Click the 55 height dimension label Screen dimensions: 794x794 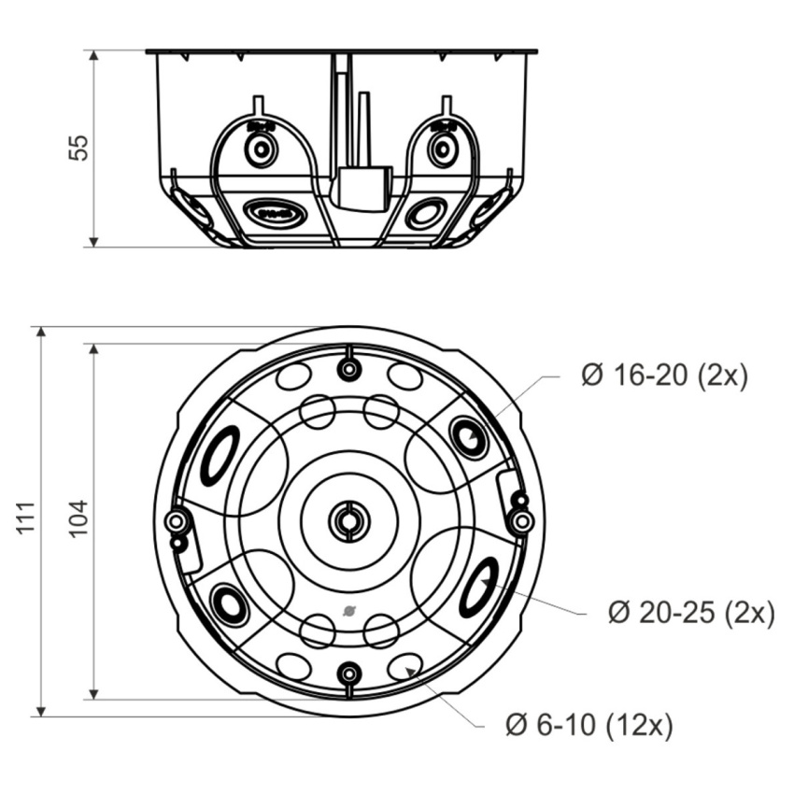[80, 148]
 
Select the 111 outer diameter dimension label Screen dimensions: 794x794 [27, 518]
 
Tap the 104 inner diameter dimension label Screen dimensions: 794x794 [79, 518]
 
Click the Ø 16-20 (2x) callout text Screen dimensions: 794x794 [664, 376]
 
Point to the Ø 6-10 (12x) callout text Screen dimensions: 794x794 [588, 724]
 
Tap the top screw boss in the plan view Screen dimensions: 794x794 [348, 369]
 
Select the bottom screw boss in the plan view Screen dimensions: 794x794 [348, 673]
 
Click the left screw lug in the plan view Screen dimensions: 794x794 [176, 521]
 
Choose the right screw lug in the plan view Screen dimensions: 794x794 [522, 519]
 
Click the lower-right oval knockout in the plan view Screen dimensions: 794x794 [479, 587]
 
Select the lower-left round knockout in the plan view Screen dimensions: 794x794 [230, 605]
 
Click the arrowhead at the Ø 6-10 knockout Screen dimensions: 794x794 [411, 673]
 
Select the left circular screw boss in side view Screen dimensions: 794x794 [261, 149]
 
